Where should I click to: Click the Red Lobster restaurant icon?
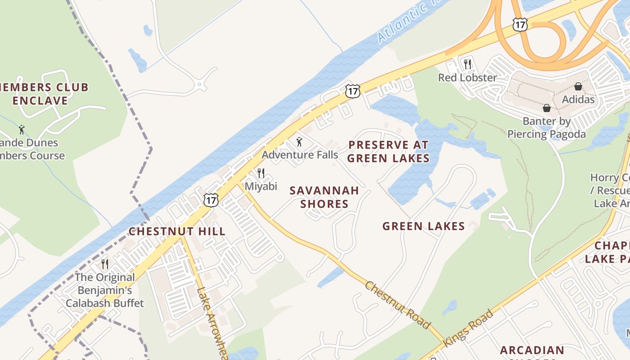tap(468, 64)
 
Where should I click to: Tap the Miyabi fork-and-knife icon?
tap(261, 173)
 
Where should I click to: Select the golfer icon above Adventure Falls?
tap(299, 142)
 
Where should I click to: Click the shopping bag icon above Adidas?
tap(578, 86)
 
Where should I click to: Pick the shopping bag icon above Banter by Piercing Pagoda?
tap(547, 108)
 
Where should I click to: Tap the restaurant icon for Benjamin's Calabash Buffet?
tap(105, 264)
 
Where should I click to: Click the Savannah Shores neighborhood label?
tap(324, 197)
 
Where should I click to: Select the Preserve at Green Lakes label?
tap(388, 152)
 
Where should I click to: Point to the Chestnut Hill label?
tap(177, 231)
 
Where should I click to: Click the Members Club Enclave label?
tap(45, 94)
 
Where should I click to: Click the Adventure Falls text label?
tap(300, 155)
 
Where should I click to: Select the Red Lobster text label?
tap(468, 77)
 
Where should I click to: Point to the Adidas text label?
tap(578, 99)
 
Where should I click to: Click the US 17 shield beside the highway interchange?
tap(520, 25)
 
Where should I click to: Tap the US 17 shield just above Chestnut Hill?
tap(211, 200)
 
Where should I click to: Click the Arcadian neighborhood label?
tap(532, 351)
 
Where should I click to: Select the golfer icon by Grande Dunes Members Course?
tap(22, 130)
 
